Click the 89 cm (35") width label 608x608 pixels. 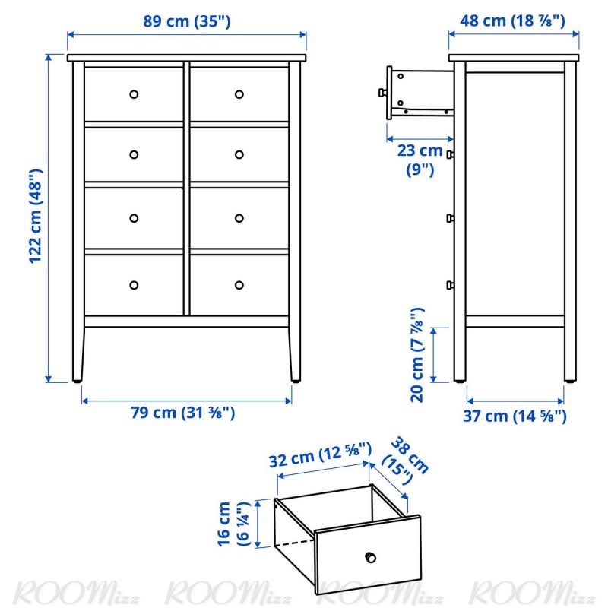point(187,21)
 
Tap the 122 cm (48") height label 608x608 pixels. point(36,217)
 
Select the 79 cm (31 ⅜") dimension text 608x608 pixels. point(182,412)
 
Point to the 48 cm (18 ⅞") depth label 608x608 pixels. point(512,21)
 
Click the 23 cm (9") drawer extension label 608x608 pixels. point(420,160)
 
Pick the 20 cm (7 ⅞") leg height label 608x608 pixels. point(417,355)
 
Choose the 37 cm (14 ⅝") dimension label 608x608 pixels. point(515,416)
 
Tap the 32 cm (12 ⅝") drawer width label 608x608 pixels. point(320,454)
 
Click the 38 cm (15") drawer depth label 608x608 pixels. point(405,461)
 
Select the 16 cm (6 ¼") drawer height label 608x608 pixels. point(233,524)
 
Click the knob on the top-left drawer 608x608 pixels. point(134,94)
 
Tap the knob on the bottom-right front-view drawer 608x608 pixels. point(239,286)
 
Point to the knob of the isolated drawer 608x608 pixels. point(371,558)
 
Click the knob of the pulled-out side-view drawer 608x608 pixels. point(382,93)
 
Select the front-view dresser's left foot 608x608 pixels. point(78,382)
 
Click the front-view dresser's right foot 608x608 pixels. point(296,382)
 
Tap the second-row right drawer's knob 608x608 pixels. point(239,155)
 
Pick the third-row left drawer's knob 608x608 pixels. point(134,218)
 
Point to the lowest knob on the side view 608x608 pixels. point(450,286)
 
